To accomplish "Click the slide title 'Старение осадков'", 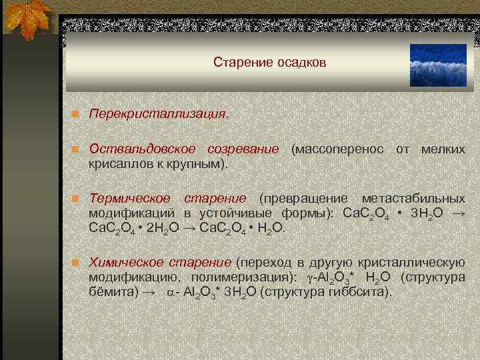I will [x=270, y=62].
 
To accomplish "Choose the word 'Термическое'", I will [x=130, y=199].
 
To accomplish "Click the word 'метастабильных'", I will [x=413, y=199].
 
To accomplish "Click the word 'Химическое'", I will [x=126, y=263].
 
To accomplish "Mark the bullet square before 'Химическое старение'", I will [x=77, y=263].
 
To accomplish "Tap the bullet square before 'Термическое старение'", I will [x=77, y=199].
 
